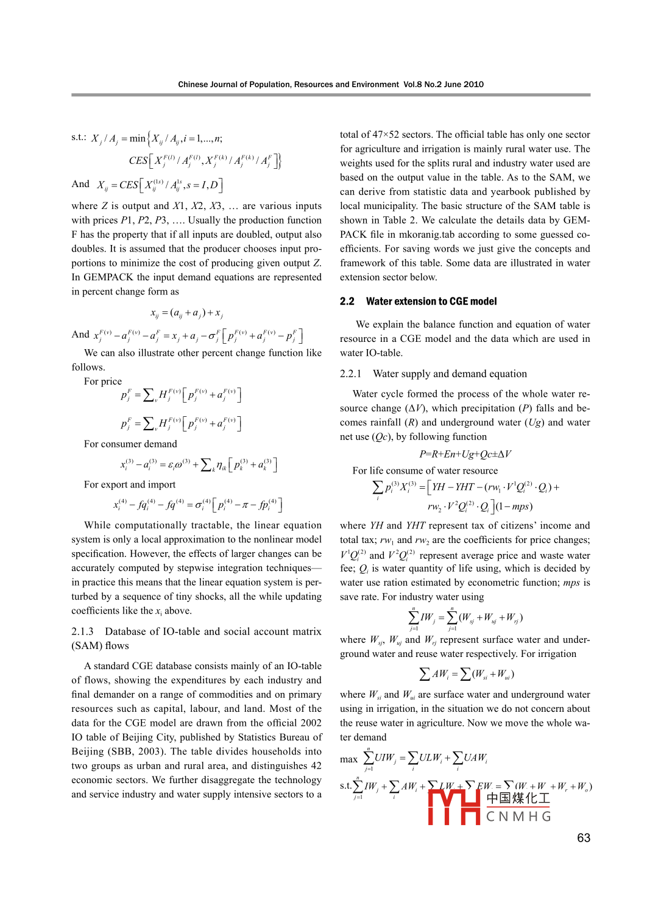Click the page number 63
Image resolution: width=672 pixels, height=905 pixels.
[583, 838]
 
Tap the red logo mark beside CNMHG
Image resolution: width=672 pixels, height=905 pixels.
[454, 806]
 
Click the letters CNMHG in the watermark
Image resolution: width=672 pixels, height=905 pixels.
[518, 817]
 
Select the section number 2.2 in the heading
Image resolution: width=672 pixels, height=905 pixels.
[347, 301]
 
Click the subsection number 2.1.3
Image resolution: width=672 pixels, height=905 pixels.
[82, 631]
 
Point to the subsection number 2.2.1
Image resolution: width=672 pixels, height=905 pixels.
[350, 374]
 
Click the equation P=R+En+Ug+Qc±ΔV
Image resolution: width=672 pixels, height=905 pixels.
[465, 453]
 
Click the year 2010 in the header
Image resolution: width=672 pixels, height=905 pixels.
[473, 84]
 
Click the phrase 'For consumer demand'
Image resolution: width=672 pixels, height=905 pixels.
[130, 444]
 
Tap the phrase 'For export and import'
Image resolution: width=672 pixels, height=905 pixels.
[130, 484]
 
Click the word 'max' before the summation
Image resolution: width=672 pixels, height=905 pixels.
[348, 759]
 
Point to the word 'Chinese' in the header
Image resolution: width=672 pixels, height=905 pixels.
[193, 84]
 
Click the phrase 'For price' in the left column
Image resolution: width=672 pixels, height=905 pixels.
[103, 381]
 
